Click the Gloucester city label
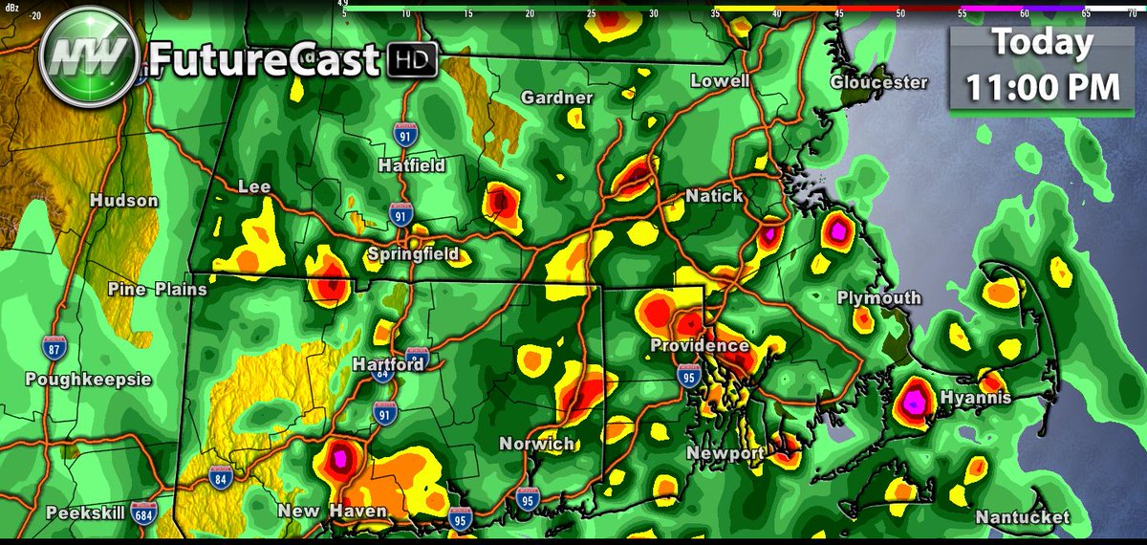(878, 82)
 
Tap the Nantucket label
(1022, 517)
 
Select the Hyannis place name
(975, 398)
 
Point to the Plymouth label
(879, 298)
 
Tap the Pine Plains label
(157, 289)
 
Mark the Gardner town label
(557, 98)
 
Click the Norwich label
(536, 444)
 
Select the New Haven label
(333, 512)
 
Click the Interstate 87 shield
(54, 347)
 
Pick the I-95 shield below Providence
(687, 375)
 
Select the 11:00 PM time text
(1041, 87)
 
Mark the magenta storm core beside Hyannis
(915, 402)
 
